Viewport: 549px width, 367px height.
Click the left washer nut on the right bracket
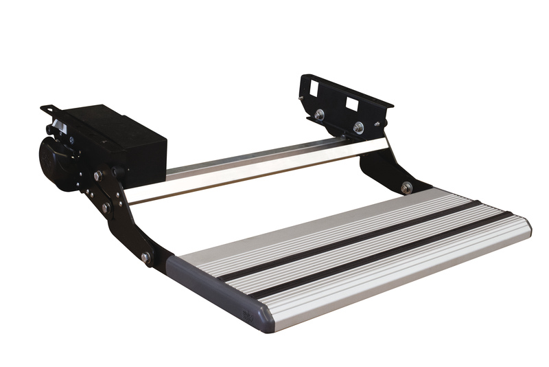[319, 115]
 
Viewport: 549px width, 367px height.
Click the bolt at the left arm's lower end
[145, 257]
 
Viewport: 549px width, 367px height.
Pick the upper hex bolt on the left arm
[98, 177]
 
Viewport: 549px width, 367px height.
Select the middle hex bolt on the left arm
[106, 206]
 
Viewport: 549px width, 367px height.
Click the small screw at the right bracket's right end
[378, 124]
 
